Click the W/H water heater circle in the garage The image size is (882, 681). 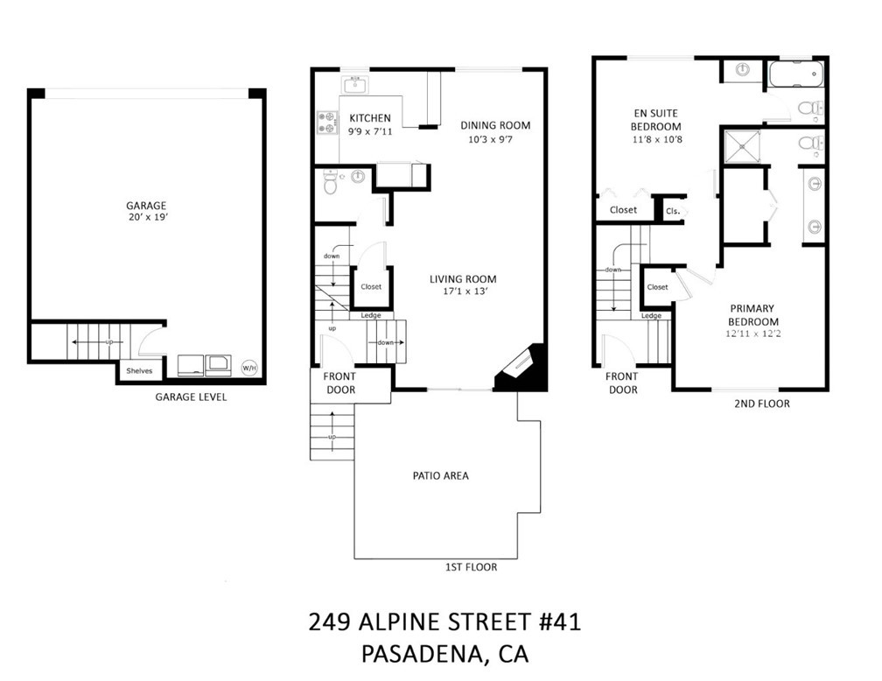(x=249, y=369)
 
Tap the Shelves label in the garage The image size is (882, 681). (x=139, y=371)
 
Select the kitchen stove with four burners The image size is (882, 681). (x=327, y=123)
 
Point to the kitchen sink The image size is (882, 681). (x=354, y=85)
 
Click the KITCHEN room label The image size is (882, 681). (x=370, y=118)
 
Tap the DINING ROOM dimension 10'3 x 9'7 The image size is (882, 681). (x=491, y=139)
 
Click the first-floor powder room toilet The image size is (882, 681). (x=330, y=182)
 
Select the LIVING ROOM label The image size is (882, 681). (x=463, y=279)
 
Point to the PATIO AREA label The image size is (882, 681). (x=440, y=475)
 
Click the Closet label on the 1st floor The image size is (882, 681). (x=371, y=286)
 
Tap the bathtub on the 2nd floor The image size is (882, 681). (x=795, y=74)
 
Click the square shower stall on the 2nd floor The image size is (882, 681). (x=742, y=146)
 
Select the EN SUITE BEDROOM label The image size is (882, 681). (x=656, y=120)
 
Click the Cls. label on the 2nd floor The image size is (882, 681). (x=673, y=212)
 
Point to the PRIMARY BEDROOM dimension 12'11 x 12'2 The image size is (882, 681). (x=753, y=333)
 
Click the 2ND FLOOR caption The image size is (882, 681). (x=761, y=404)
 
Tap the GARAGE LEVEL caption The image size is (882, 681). (x=192, y=397)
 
